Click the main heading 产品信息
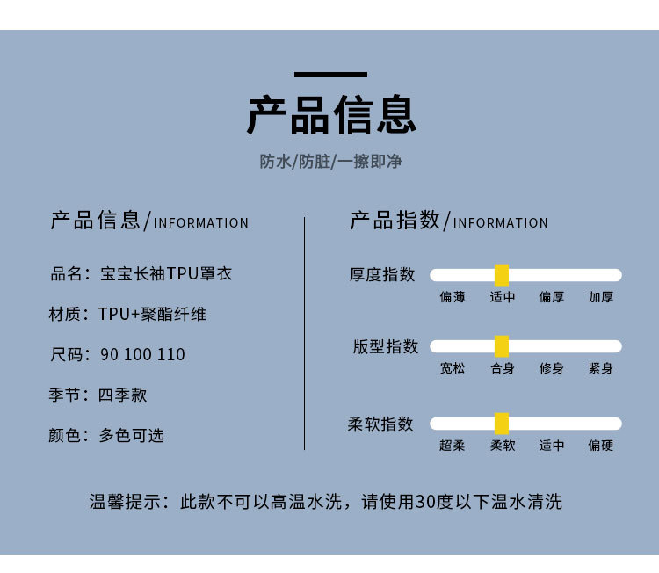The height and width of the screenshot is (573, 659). click(330, 115)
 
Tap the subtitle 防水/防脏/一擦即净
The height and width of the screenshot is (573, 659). click(330, 162)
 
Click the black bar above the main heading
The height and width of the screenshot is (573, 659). click(330, 75)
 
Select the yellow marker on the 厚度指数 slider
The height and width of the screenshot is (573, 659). click(502, 275)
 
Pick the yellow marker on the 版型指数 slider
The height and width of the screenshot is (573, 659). click(502, 346)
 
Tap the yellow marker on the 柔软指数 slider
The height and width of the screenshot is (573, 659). click(502, 424)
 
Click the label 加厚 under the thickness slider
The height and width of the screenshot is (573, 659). click(601, 297)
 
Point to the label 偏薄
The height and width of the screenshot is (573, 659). click(453, 297)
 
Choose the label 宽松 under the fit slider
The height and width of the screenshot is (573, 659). click(453, 368)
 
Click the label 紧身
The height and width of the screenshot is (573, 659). click(601, 368)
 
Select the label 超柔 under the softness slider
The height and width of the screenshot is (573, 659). click(453, 446)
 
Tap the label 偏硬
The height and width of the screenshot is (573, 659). click(601, 446)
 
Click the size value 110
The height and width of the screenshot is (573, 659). click(171, 355)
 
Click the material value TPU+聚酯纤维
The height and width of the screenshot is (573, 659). click(152, 314)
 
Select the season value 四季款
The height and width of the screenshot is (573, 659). click(122, 395)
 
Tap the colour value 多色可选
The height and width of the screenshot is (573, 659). click(132, 436)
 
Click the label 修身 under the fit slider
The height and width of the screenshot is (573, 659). click(552, 368)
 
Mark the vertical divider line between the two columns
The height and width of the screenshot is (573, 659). click(305, 334)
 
